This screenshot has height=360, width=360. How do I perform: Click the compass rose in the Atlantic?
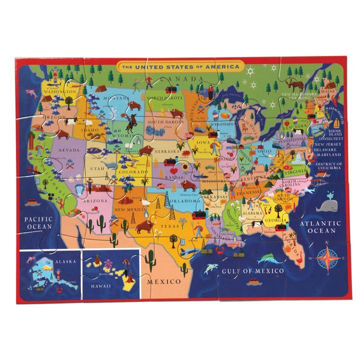[x=327, y=257]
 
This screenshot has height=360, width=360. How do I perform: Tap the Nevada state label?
[x=68, y=151]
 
